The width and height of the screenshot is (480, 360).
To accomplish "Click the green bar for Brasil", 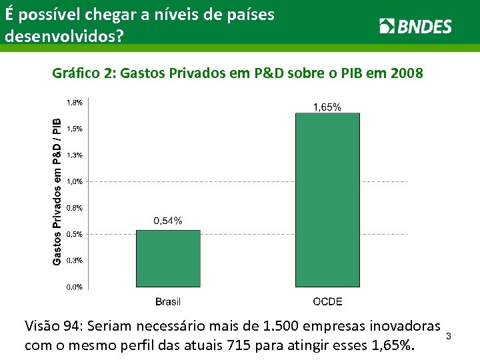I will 168,259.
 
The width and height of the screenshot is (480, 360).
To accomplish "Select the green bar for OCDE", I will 327,200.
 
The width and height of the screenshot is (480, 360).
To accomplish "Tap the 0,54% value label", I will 167,221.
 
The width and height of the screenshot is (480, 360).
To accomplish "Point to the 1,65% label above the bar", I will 327,107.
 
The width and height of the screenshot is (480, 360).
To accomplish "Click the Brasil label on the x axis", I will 168,301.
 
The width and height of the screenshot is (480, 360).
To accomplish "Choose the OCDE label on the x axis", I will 327,301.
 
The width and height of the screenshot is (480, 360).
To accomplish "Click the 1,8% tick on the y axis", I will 75,103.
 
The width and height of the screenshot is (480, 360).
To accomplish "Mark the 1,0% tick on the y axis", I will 75,181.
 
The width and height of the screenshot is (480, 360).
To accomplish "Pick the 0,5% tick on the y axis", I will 75,234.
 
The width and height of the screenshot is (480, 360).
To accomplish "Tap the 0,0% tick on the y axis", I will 75,287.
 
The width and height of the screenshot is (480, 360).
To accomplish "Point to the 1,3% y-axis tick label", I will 75,155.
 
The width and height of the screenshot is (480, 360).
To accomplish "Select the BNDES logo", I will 415,27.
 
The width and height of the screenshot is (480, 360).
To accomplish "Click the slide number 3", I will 449,335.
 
